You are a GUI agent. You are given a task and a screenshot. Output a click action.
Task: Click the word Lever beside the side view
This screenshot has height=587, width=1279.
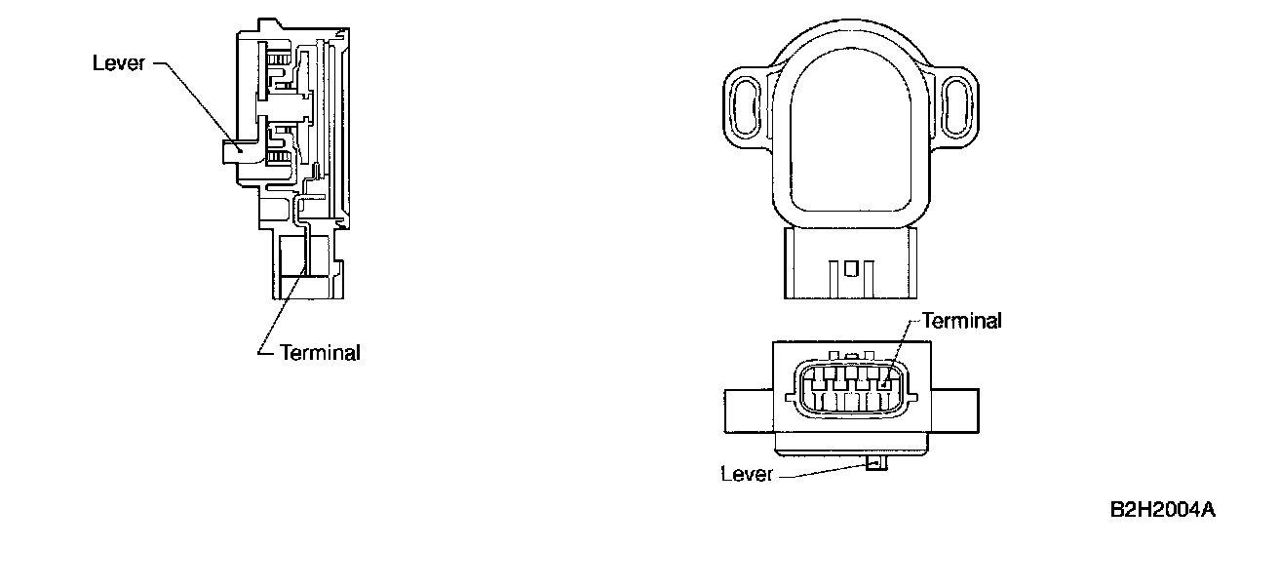118,63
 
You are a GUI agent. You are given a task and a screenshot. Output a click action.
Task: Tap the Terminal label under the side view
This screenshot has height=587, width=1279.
320,353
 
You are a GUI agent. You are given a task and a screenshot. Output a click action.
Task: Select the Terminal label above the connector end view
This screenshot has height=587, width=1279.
960,321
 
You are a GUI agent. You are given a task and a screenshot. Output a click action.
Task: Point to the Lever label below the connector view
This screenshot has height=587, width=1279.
747,475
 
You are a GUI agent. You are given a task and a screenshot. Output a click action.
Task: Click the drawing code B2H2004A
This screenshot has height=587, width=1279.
1162,510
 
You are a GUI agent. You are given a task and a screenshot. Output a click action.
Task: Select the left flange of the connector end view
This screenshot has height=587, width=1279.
749,410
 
